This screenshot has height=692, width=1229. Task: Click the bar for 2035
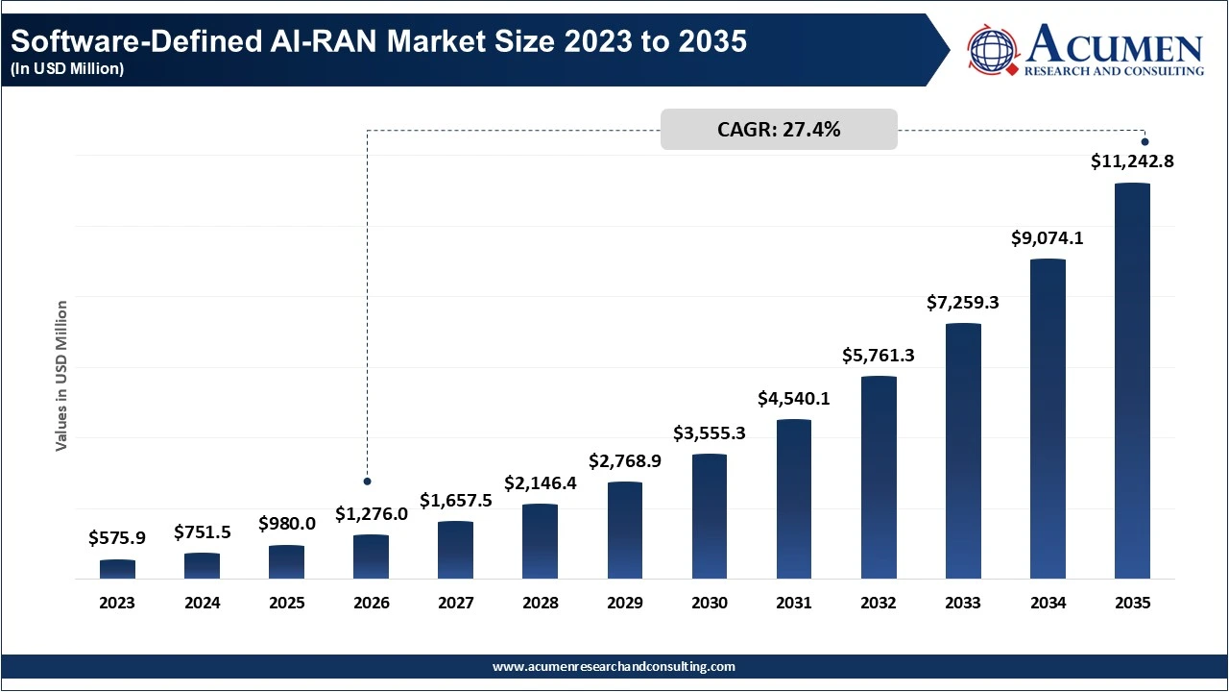click(x=1132, y=382)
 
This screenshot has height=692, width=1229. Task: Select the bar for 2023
click(x=117, y=569)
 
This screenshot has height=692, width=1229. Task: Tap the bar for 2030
click(x=710, y=516)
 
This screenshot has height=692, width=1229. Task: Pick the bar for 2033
click(x=963, y=451)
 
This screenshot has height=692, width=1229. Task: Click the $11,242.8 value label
click(x=1132, y=162)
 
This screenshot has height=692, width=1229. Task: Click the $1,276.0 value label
click(x=372, y=514)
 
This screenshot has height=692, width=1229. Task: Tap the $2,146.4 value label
click(x=541, y=483)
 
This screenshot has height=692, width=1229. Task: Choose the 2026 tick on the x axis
click(x=372, y=604)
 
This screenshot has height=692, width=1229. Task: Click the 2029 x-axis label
click(x=625, y=604)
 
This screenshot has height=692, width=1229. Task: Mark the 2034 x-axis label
click(x=1048, y=604)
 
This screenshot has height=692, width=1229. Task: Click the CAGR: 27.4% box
click(x=779, y=130)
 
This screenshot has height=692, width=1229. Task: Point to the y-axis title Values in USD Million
click(x=61, y=376)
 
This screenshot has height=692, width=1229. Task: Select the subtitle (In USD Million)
click(x=67, y=69)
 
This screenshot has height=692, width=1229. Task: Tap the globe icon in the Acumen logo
click(x=993, y=50)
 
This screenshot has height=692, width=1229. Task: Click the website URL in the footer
click(x=614, y=666)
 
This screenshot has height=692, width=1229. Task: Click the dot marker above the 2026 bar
click(x=367, y=481)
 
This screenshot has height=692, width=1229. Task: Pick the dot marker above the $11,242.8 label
click(x=1145, y=142)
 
